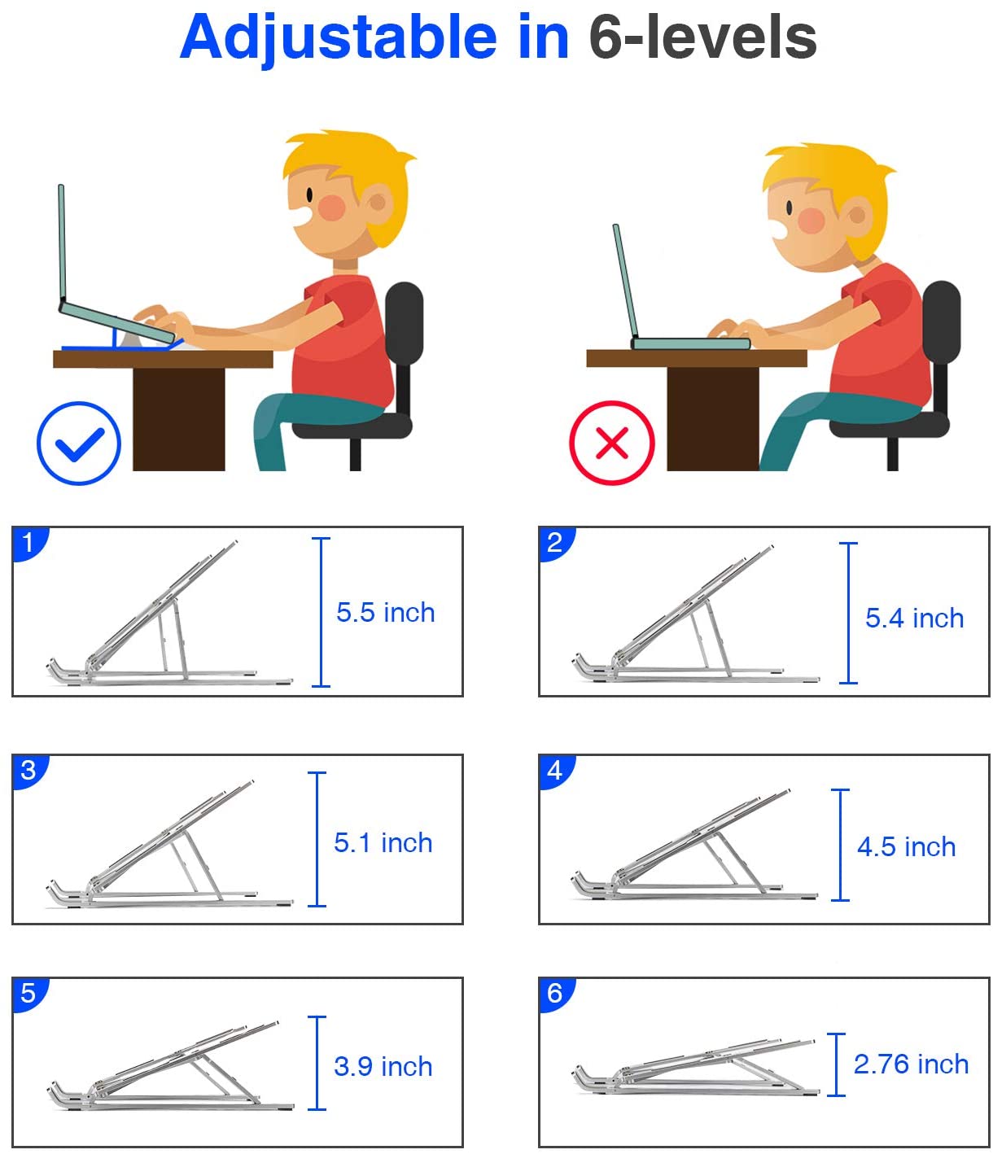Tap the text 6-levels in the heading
702,38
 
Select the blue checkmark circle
79,444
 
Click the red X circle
612,444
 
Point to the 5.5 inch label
385,613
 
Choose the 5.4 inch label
914,619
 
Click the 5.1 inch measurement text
383,843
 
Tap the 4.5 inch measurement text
906,847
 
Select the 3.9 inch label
383,1067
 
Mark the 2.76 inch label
911,1064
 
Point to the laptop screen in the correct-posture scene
62,244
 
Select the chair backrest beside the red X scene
942,342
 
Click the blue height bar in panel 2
848,613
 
